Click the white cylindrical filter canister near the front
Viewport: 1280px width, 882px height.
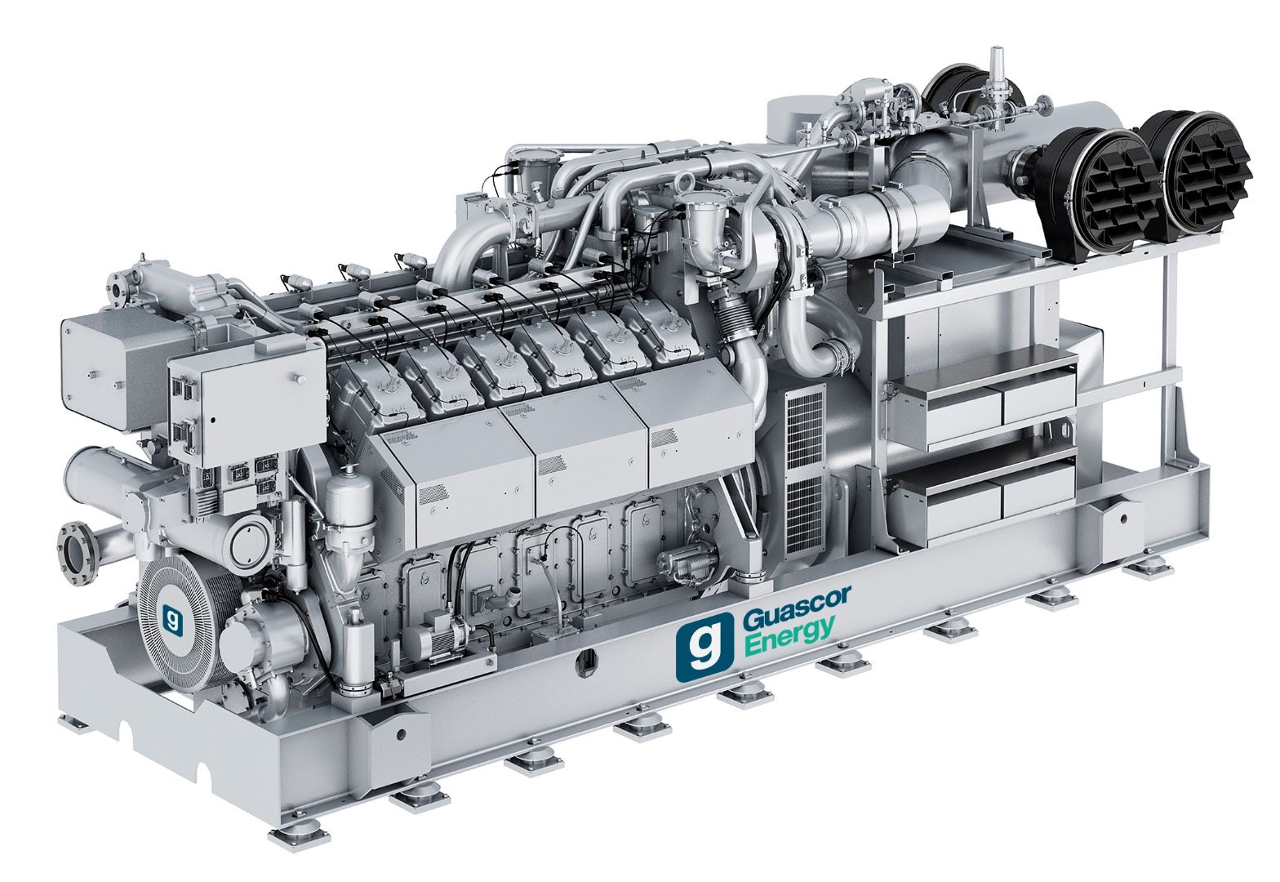click(349, 504)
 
